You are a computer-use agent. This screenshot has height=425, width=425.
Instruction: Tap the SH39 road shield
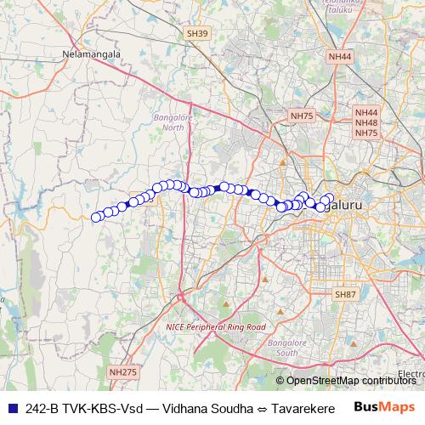pyautogui.click(x=198, y=33)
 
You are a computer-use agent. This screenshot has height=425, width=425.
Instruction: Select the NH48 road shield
pyautogui.click(x=367, y=122)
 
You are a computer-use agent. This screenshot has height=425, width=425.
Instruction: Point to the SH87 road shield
pyautogui.click(x=345, y=294)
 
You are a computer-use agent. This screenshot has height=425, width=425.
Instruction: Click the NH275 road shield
pyautogui.click(x=122, y=371)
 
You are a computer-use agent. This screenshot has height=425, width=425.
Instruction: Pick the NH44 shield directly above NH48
pyautogui.click(x=367, y=112)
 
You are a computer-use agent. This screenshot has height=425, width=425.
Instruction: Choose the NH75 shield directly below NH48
pyautogui.click(x=367, y=133)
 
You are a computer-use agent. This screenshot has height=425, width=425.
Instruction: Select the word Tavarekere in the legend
pyautogui.click(x=302, y=408)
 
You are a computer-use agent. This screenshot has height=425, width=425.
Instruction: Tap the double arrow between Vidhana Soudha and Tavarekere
pyautogui.click(x=261, y=408)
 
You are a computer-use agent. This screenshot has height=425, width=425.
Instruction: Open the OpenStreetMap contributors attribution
pyautogui.click(x=351, y=381)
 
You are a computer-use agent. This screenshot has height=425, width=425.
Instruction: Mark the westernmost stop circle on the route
pyautogui.click(x=96, y=217)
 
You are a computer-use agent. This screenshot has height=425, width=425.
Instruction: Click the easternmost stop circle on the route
pyautogui.click(x=331, y=198)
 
